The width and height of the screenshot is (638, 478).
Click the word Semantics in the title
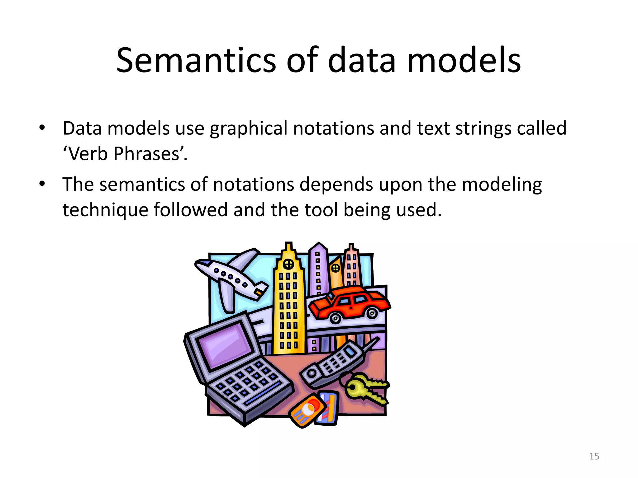pos(196,61)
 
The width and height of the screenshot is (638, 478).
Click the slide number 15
pos(594,456)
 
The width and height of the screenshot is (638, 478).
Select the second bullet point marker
pos(42,184)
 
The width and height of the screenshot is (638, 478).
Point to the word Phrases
pos(146,154)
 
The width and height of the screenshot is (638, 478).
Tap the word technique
pos(105,210)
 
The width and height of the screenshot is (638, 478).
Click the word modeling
pos(502,185)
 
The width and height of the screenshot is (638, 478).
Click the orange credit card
pos(307,411)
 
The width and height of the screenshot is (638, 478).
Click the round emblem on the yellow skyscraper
pos(288,264)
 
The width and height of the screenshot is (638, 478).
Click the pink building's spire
pos(351,247)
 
